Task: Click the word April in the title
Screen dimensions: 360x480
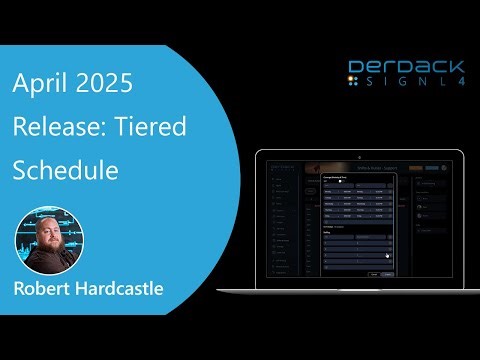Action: point(36,85)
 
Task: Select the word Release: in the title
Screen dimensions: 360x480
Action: point(51,127)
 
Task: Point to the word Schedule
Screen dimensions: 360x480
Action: point(66,169)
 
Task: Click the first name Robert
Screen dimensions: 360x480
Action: point(40,290)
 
